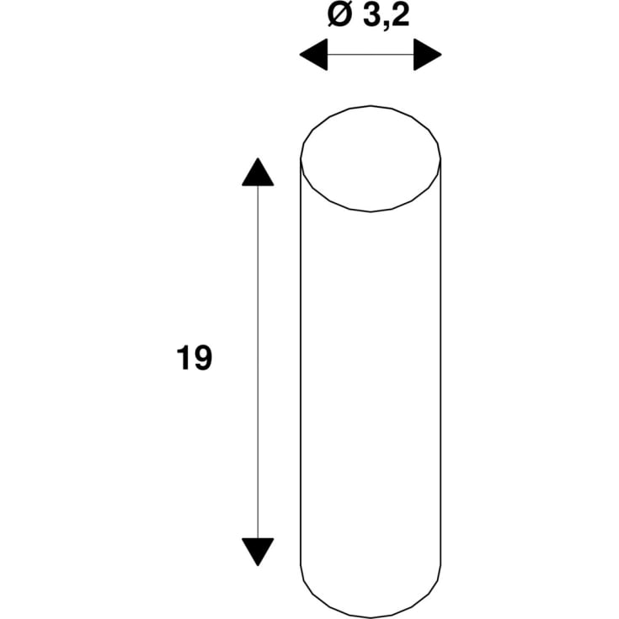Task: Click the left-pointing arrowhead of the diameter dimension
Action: pyautogui.click(x=313, y=56)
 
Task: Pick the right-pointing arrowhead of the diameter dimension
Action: pyautogui.click(x=428, y=56)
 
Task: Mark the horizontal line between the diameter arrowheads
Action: pyautogui.click(x=371, y=56)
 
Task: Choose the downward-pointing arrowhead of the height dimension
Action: pyautogui.click(x=258, y=551)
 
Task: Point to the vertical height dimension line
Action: pyautogui.click(x=258, y=362)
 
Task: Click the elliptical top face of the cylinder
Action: pyautogui.click(x=371, y=158)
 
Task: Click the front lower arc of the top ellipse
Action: pyautogui.click(x=371, y=211)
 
